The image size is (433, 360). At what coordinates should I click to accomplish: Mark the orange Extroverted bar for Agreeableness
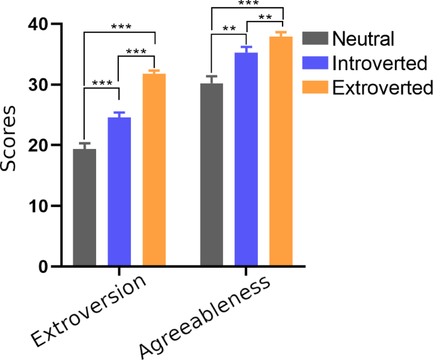[281, 151]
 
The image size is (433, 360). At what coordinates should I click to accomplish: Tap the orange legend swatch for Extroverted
[315, 87]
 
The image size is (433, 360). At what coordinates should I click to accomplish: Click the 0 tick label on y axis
[44, 267]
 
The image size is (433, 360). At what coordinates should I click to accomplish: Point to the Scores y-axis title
[11, 145]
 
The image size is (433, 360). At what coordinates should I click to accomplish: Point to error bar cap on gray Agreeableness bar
[211, 76]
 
